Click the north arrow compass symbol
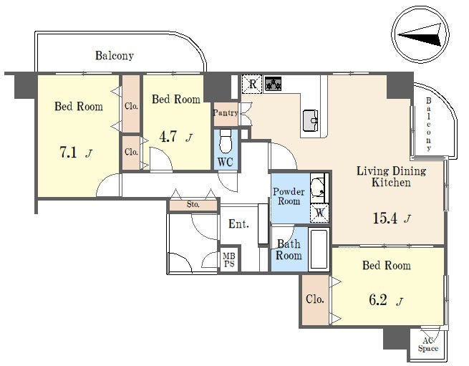(420, 34)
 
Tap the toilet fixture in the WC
(226, 141)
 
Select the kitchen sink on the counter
(311, 120)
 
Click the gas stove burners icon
(273, 84)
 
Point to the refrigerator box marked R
(252, 84)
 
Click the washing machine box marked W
(319, 213)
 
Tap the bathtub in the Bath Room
(319, 249)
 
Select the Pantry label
(226, 113)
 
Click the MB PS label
(229, 260)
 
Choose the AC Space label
(428, 345)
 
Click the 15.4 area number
(385, 218)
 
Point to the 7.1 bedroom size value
(69, 153)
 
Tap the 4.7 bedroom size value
(168, 137)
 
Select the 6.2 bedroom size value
(378, 300)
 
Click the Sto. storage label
(193, 204)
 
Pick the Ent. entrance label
(238, 223)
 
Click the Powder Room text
(289, 196)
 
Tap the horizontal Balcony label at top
(115, 55)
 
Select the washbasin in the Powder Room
(318, 188)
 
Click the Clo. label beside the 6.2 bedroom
(314, 299)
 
